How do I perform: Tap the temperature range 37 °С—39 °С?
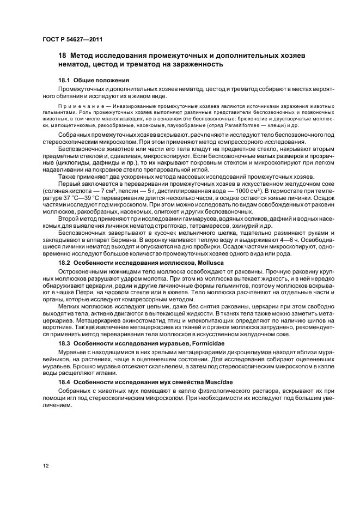click(81, 198)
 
